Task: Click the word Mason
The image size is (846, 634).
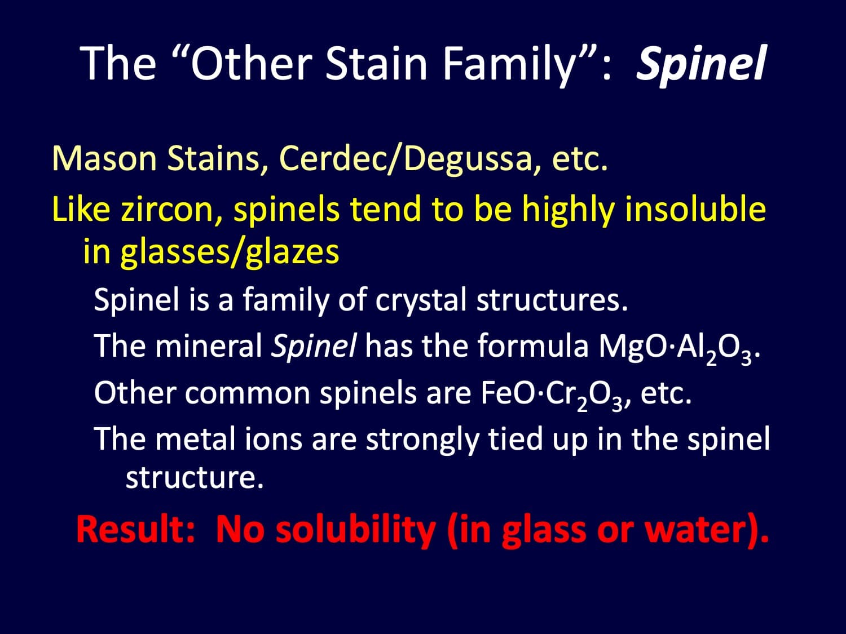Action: [104, 158]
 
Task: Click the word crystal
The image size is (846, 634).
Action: [421, 300]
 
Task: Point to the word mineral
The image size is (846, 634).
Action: [209, 346]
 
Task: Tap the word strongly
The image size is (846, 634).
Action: [422, 441]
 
